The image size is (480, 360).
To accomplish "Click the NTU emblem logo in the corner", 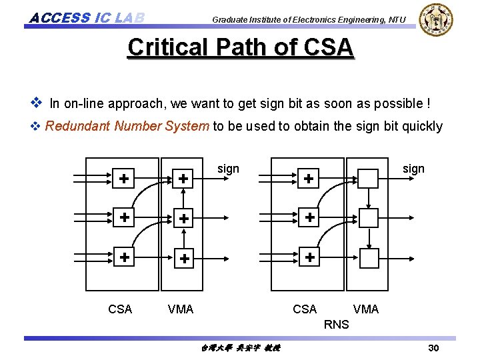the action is coord(437,19).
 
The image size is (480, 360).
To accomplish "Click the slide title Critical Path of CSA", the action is coord(240,47).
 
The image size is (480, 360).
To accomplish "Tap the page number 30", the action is coord(433,348).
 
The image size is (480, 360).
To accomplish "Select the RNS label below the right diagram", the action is coord(336,325).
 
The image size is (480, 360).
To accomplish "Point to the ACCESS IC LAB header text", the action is coord(87,17).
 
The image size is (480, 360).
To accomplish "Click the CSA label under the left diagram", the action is coord(120,309).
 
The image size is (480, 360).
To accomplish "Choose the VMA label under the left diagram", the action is coord(181,309).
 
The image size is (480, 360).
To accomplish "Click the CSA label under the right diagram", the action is coord(305,309).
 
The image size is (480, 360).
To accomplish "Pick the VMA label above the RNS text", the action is coord(365,309).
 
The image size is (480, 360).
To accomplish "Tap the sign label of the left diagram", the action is coord(228,169).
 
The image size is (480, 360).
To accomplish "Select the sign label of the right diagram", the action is coord(413,169).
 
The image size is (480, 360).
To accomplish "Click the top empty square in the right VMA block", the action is coord(368,178).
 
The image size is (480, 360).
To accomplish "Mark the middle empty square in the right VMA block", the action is coord(368,218).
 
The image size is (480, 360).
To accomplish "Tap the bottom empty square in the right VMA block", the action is coord(368,257).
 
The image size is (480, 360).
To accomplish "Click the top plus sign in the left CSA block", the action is coord(124,178).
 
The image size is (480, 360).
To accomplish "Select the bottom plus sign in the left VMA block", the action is coord(184,258).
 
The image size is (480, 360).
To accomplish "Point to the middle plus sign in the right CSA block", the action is coord(309,218).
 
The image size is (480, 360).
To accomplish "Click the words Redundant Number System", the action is coord(127,126).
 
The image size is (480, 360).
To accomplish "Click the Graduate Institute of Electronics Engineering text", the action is coord(309,19).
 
